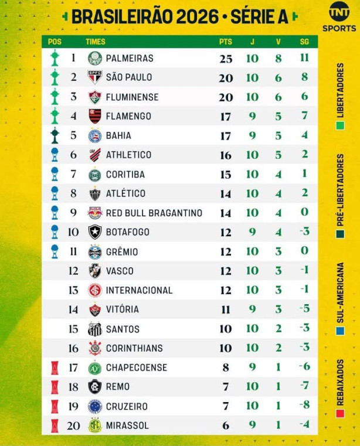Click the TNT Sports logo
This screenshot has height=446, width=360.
point(339,16)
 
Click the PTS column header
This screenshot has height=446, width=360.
point(226,42)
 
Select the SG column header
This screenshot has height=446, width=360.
point(304,42)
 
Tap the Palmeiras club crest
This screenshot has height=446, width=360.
point(95,58)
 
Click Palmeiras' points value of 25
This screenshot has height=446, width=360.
point(226,59)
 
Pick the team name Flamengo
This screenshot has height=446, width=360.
point(128,116)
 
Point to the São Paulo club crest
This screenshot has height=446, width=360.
point(95,77)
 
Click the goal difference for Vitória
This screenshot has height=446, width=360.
point(304,309)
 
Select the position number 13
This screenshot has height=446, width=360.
point(73,290)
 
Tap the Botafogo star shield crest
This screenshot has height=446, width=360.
point(95,232)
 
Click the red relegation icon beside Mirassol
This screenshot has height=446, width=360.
point(55,426)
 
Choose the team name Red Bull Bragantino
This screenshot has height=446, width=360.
point(154,213)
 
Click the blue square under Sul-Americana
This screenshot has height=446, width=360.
point(341,331)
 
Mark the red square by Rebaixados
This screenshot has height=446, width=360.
point(341,413)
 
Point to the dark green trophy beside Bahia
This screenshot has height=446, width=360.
point(55,135)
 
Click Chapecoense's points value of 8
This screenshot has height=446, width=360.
point(226,367)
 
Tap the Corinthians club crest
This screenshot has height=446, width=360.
point(95,348)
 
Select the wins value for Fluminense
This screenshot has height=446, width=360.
point(279,97)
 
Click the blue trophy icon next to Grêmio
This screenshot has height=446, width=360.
point(55,251)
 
